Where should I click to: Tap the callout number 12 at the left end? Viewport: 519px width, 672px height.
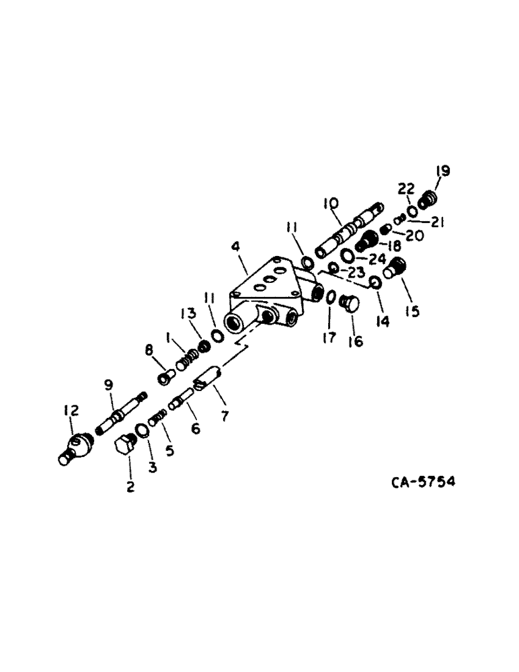coord(71,410)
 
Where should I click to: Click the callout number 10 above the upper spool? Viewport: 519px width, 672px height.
coord(331,202)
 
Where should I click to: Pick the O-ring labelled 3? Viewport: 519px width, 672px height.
coord(142,431)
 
